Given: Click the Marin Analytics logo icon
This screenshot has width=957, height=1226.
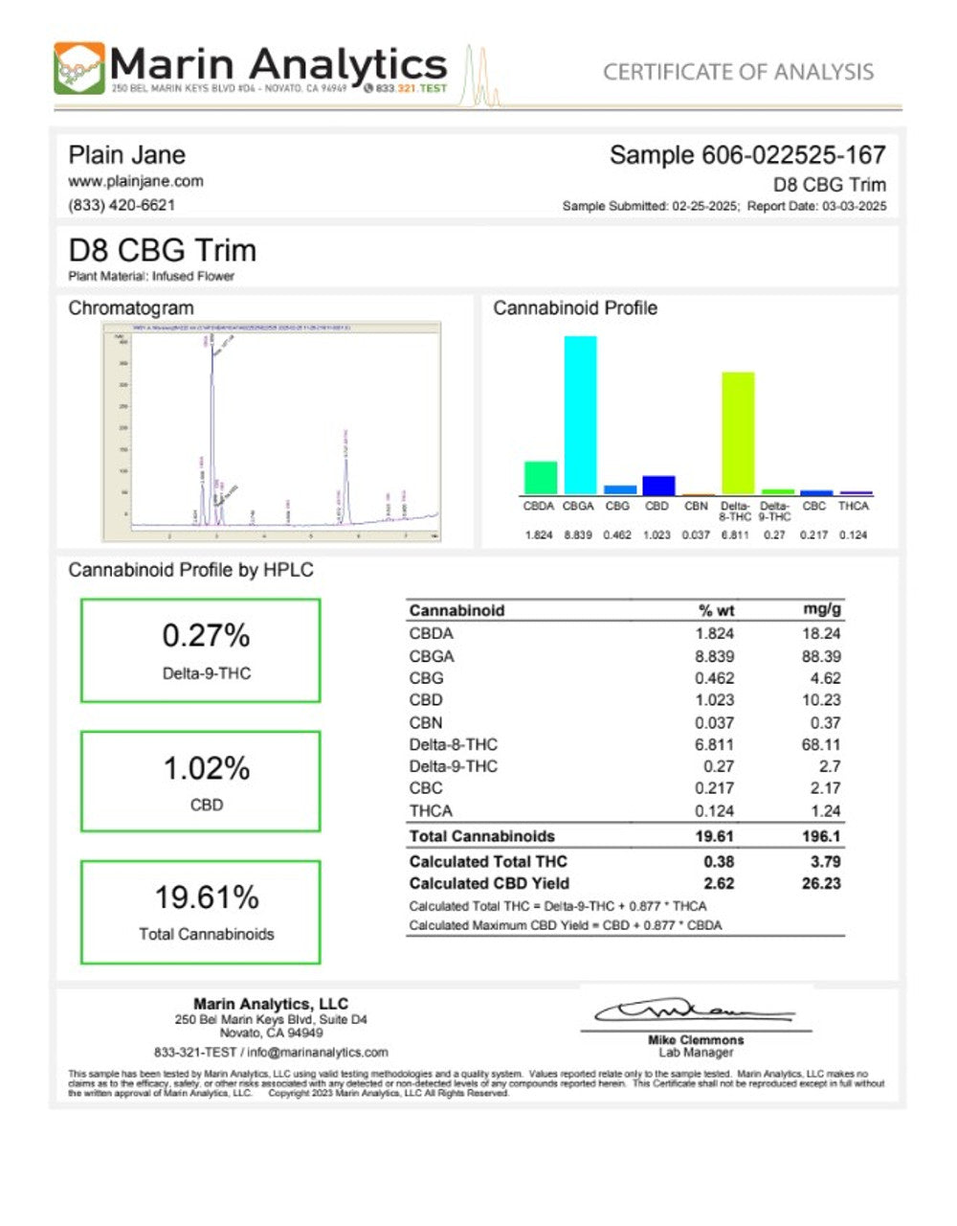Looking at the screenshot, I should tap(79, 68).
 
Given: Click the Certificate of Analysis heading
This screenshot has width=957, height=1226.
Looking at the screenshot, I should tap(738, 72).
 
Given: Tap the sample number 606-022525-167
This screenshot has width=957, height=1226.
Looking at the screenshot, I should tap(747, 155).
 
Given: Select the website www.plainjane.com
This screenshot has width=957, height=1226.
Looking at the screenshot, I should tap(135, 181).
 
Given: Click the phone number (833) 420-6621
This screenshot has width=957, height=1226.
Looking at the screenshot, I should tap(122, 205).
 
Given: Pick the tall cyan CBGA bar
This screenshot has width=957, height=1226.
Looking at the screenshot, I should tap(579, 414).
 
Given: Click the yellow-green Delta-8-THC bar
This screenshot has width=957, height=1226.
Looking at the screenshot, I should tap(737, 432).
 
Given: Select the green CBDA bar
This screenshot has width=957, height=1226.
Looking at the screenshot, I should tap(540, 477).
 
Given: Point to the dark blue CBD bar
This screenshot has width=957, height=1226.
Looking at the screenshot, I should tap(657, 485).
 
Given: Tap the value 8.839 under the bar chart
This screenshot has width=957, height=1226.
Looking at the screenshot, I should tap(578, 534).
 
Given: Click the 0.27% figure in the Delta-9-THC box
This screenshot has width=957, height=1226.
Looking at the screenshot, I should tap(206, 635).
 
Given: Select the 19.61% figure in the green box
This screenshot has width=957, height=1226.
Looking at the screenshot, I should tap(207, 897).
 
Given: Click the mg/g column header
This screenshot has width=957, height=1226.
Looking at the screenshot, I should tap(822, 610).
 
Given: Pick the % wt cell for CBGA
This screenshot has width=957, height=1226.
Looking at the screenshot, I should tap(715, 656).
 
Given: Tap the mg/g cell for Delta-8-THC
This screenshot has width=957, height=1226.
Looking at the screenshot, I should tap(821, 744).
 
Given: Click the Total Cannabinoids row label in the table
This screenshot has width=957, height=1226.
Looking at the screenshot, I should tap(481, 836).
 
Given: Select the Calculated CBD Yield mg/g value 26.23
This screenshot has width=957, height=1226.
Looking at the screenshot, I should tap(821, 883).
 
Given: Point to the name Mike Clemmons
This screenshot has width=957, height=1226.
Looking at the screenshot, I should tap(696, 1040).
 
